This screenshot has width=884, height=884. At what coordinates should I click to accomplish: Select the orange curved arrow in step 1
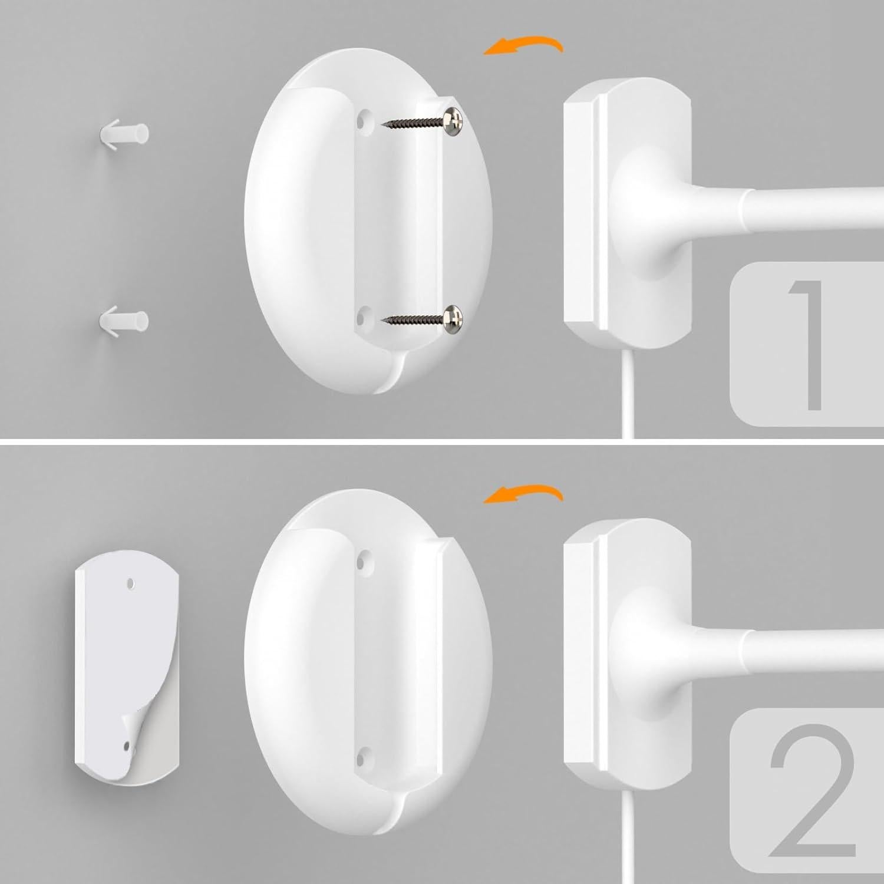522,46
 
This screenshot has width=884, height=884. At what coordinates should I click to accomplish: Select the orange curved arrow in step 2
522,494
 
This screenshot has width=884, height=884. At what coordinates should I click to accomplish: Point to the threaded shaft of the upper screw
413,123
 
